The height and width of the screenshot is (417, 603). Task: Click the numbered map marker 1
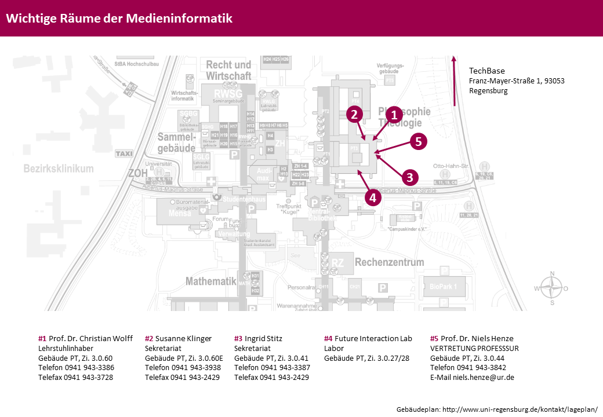pos(395,115)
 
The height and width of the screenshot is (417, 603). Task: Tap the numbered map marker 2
pos(355,115)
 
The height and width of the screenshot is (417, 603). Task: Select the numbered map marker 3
pos(410,177)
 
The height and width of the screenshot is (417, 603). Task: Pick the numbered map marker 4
pos(373,197)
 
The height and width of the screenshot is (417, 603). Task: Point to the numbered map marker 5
pos(419,141)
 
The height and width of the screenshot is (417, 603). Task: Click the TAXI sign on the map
pos(124,153)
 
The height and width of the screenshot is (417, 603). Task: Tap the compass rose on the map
pos(552,288)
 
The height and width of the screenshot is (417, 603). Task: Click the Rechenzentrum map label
pos(390,262)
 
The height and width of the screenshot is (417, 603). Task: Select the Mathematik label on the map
pos(211,281)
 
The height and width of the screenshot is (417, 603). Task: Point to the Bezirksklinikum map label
pos(59,169)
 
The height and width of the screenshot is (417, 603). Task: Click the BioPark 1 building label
pos(444,286)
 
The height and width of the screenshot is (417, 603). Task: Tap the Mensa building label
pos(179,213)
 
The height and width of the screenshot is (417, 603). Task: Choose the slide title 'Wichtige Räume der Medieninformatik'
pos(119,19)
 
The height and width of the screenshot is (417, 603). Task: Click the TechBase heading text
pos(486,71)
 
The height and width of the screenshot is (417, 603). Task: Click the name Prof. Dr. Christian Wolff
pos(90,338)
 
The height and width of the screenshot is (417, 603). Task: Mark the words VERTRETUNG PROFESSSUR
pos(474,348)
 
